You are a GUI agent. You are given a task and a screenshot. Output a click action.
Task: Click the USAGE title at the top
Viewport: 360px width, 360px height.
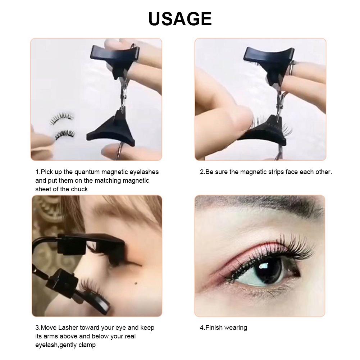180,19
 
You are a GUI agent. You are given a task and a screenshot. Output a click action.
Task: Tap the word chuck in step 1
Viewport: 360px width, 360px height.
80,189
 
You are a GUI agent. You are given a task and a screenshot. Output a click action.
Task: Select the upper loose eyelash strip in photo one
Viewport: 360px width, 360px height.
62,119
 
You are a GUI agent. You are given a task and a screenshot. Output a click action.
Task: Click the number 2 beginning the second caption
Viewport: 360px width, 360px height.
202,172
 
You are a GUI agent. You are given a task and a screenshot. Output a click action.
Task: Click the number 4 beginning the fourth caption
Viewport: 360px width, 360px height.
202,328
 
